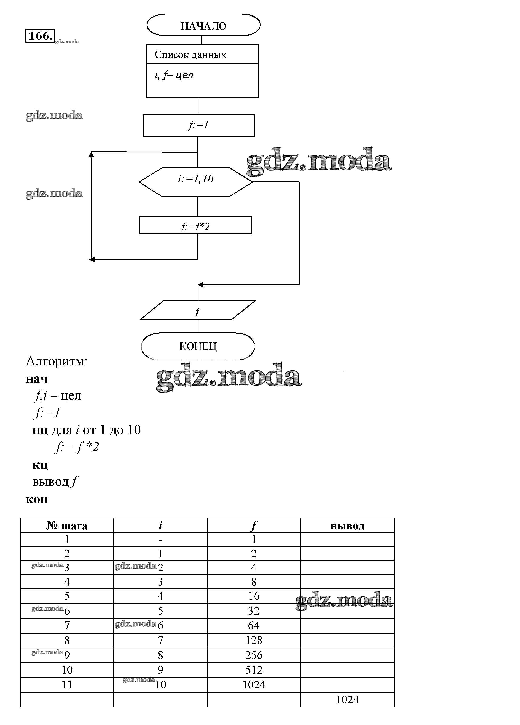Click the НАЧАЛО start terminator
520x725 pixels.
pyautogui.click(x=203, y=25)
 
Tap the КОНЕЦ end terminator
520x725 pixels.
pyautogui.click(x=198, y=346)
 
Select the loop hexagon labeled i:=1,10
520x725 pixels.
pyautogui.click(x=196, y=182)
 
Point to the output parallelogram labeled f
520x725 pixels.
pyautogui.click(x=198, y=310)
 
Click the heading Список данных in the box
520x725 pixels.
pyautogui.click(x=190, y=55)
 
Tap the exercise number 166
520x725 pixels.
pyautogui.click(x=40, y=35)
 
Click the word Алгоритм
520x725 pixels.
pyautogui.click(x=56, y=361)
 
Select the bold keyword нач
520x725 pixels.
pyautogui.click(x=37, y=379)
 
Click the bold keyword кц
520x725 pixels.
pyautogui.click(x=40, y=464)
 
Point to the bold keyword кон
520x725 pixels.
pyautogui.click(x=37, y=499)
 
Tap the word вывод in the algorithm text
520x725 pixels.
pyautogui.click(x=51, y=482)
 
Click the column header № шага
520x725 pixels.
pyautogui.click(x=67, y=526)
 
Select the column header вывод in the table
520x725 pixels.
pyautogui.click(x=347, y=526)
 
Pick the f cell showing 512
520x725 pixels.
pyautogui.click(x=254, y=670)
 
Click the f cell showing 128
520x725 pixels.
pyautogui.click(x=254, y=640)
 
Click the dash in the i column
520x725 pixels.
pyautogui.click(x=161, y=540)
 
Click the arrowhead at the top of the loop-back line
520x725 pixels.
pyautogui.click(x=91, y=154)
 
